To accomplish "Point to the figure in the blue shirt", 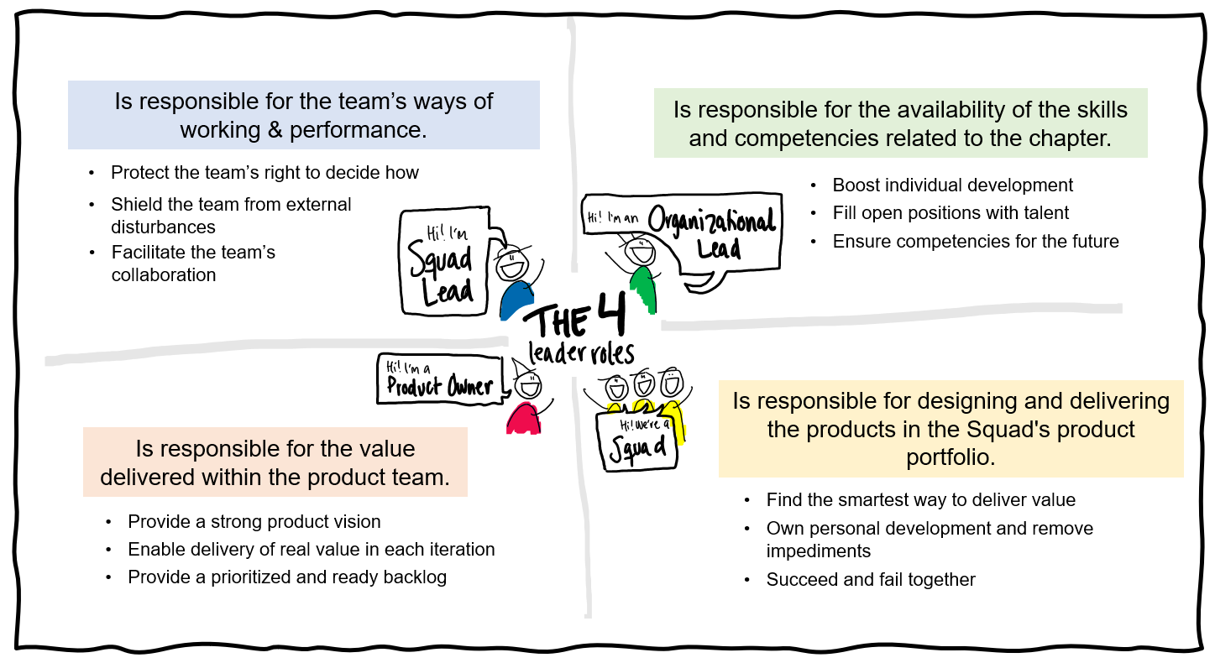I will tap(516, 299).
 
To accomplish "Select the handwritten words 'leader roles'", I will tap(581, 353).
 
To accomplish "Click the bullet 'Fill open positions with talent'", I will tap(951, 213).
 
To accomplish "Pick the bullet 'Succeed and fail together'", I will tap(871, 580).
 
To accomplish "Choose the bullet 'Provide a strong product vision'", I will tap(254, 522).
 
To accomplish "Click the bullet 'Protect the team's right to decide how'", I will tap(264, 173).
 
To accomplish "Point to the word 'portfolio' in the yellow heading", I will tap(951, 457).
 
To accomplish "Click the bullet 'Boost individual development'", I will tap(953, 185).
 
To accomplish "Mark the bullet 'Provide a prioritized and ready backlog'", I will tap(287, 577).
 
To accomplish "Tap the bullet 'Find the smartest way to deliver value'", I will tap(921, 500).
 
